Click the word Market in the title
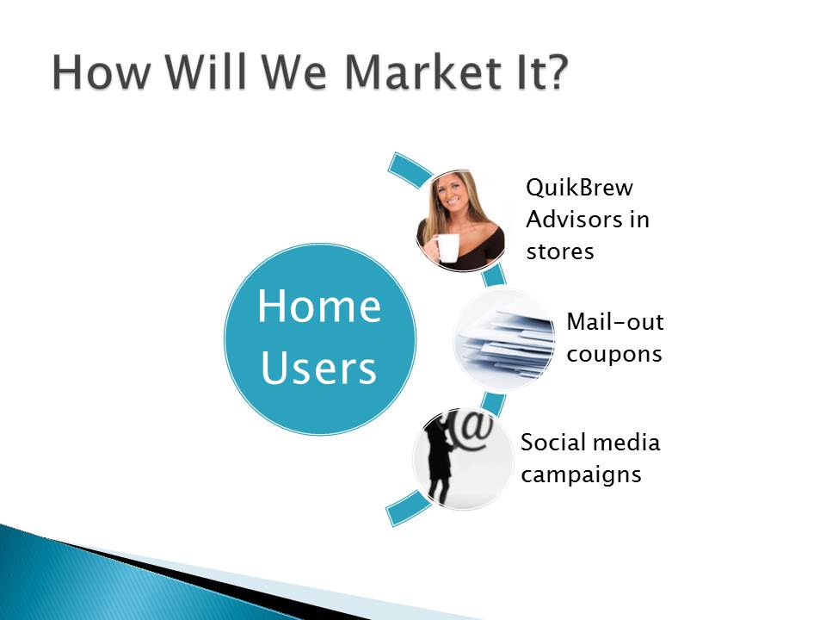point(422,71)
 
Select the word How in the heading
point(102,71)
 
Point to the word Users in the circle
point(318,368)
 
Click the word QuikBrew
point(579,188)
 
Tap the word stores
point(560,251)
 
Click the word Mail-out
point(614,321)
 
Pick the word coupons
point(614,355)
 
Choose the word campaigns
point(581,475)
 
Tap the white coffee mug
point(446,248)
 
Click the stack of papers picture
point(505,339)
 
